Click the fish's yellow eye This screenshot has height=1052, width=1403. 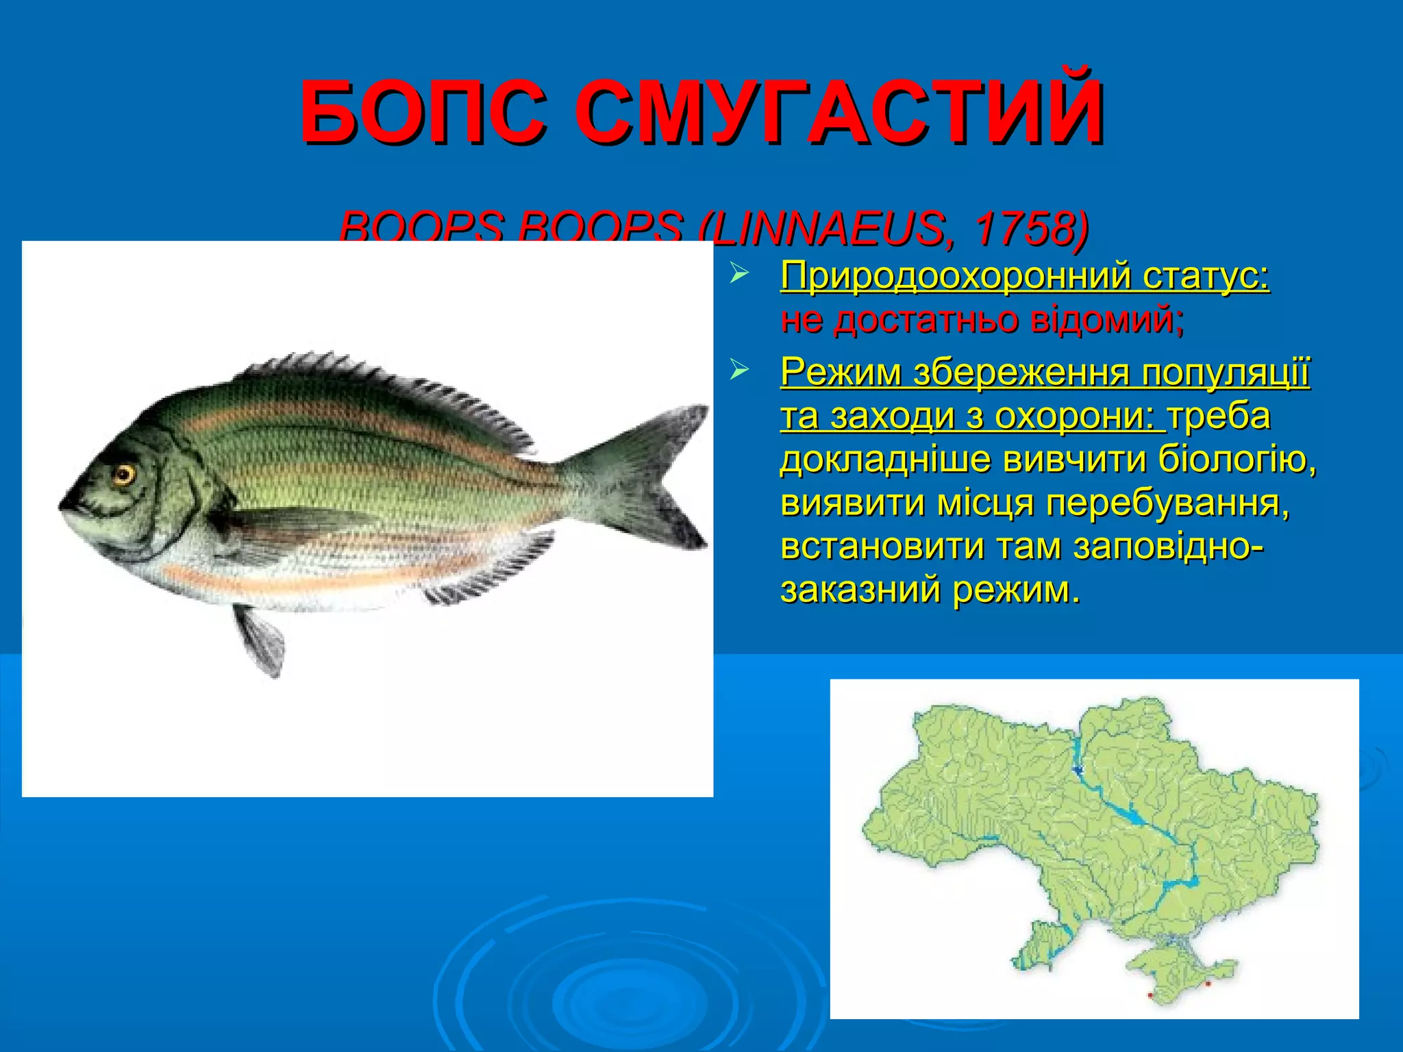124,474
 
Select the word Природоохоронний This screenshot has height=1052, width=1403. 956,277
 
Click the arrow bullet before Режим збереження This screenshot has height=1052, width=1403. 737,371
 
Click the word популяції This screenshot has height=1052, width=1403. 1226,373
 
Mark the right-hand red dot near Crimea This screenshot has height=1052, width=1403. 1208,984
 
